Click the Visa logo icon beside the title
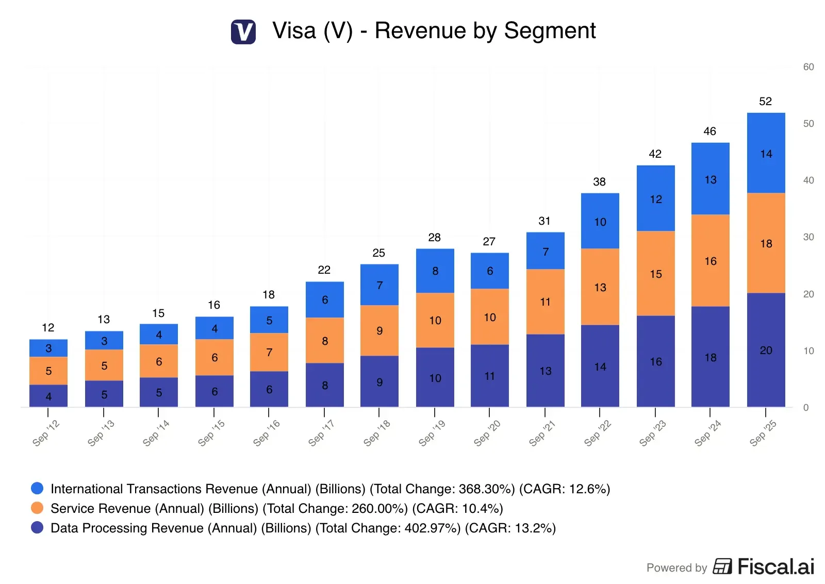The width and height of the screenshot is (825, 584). click(243, 31)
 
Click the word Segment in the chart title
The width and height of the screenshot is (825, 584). click(550, 31)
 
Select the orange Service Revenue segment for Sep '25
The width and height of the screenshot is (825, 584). click(766, 243)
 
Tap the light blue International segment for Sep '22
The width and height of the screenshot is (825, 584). click(600, 221)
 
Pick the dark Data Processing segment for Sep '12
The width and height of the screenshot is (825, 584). click(48, 396)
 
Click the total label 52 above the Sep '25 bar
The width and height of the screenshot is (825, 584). click(765, 101)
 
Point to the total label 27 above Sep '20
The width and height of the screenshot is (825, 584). click(489, 242)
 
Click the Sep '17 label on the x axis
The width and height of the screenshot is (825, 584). click(321, 433)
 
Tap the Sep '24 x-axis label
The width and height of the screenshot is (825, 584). click(707, 433)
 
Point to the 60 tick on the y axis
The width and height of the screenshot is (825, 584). click(808, 67)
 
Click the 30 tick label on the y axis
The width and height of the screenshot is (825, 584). click(808, 237)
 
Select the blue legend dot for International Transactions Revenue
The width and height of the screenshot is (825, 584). click(37, 488)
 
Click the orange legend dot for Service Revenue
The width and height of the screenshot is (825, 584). click(37, 508)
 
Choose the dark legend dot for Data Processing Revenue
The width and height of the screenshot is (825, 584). click(37, 527)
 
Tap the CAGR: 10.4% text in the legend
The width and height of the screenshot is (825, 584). click(457, 509)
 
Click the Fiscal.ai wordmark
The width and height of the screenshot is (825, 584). click(775, 566)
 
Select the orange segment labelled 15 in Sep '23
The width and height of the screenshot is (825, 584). click(655, 273)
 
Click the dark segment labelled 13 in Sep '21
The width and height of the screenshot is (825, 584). click(545, 371)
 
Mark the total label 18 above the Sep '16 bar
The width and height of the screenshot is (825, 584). click(269, 295)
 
